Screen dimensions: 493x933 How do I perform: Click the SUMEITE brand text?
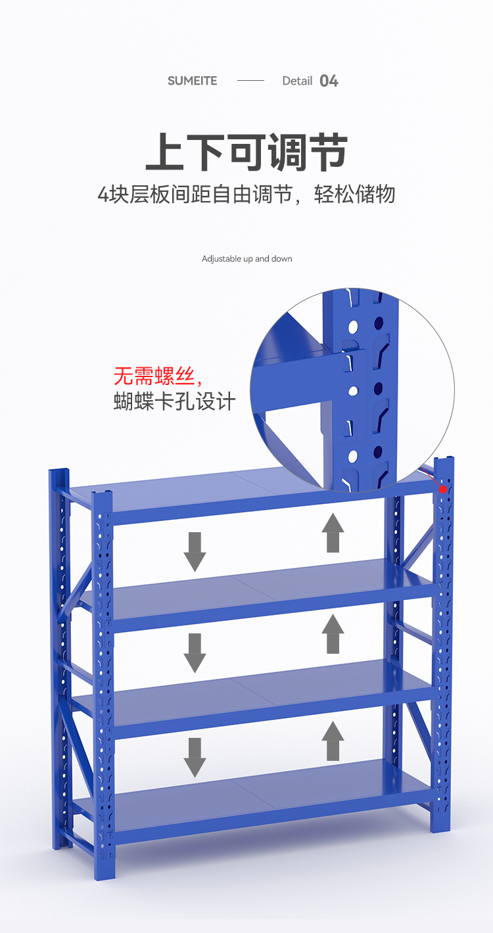click(192, 81)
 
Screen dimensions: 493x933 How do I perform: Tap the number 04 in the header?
click(329, 81)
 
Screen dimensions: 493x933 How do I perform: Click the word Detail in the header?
click(297, 81)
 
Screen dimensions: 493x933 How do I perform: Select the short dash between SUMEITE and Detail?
click(250, 80)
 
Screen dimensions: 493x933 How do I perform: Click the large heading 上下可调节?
click(246, 152)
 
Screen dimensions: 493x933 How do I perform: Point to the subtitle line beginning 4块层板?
click(246, 194)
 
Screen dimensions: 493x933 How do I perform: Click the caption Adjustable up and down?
click(246, 259)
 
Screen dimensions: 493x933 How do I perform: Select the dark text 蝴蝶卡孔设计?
click(174, 401)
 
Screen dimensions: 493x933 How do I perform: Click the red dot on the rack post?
click(442, 489)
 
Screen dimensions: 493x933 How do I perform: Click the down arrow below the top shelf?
click(195, 552)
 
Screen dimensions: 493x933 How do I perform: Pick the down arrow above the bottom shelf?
click(195, 758)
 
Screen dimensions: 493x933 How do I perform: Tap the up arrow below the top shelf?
click(333, 533)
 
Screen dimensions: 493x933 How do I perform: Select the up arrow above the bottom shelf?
click(333, 741)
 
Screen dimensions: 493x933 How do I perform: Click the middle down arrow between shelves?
click(195, 653)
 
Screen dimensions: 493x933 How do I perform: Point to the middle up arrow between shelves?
click(333, 634)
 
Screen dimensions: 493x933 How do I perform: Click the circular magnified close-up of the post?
click(352, 390)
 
